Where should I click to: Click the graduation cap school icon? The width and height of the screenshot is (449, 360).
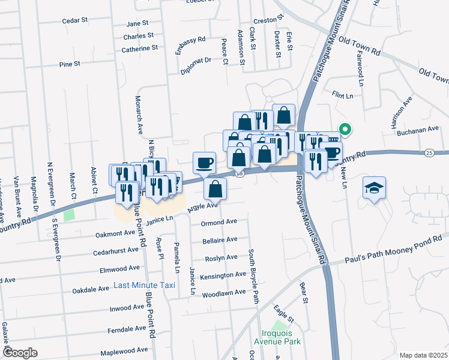[x=374, y=188]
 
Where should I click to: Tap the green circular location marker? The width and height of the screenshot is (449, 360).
[x=345, y=128]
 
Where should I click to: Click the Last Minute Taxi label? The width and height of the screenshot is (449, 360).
[x=145, y=285]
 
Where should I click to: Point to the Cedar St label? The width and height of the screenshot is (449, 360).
[x=75, y=20]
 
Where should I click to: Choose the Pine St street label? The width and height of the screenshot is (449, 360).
[x=70, y=64]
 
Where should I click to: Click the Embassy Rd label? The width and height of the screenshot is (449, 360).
[x=190, y=47]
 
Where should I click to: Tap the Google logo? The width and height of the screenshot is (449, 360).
[x=20, y=352]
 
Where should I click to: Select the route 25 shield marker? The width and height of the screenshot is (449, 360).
[x=428, y=153]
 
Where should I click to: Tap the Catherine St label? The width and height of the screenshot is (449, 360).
[x=139, y=47]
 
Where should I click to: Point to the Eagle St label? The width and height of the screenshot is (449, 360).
[x=282, y=313]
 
